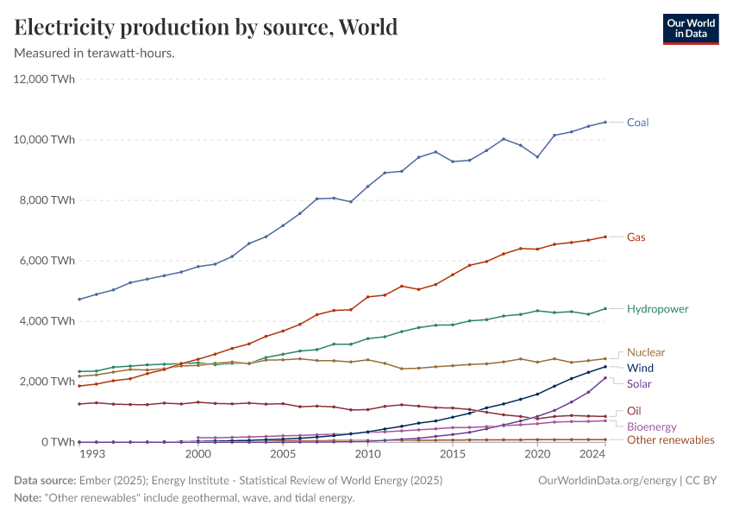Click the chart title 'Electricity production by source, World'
206,27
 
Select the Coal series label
637,123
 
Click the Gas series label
636,237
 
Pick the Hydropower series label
657,308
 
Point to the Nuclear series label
646,352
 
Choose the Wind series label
640,368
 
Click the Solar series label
639,383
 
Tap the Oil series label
633,411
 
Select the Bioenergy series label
651,426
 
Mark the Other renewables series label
670,440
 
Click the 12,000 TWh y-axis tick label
45,79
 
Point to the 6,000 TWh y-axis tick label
48,261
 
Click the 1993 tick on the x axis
93,453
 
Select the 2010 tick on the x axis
367,453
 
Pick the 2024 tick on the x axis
592,453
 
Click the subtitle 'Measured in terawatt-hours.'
95,54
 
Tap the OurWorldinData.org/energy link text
607,480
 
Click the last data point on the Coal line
605,122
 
